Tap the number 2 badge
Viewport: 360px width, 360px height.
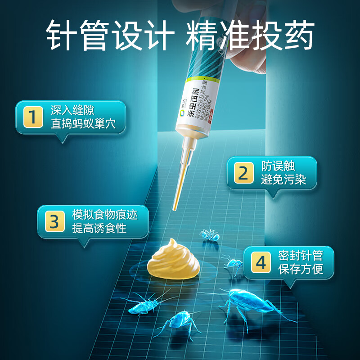click(x=243, y=173)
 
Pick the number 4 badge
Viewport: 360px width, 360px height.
click(x=261, y=263)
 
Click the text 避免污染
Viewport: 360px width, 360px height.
click(x=283, y=180)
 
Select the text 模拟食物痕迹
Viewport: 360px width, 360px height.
click(x=105, y=215)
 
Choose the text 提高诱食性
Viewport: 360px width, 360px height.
click(x=99, y=228)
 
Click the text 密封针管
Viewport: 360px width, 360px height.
click(x=300, y=256)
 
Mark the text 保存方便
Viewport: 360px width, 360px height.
click(x=300, y=270)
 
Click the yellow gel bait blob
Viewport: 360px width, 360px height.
click(x=172, y=261)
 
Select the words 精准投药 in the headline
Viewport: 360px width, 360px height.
click(x=250, y=35)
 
